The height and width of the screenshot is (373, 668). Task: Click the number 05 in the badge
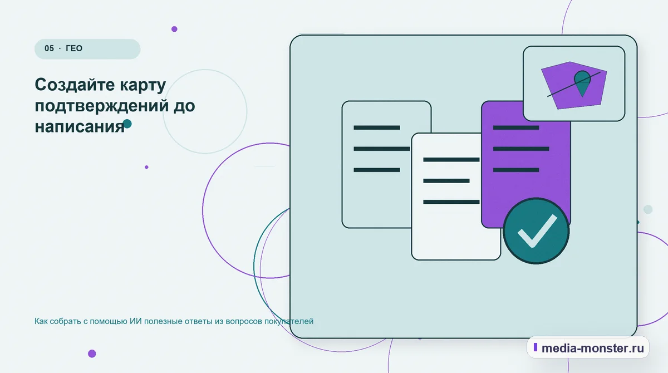(x=49, y=48)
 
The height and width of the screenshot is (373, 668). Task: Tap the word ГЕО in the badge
(x=74, y=48)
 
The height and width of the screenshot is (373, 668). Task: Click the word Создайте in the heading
(x=75, y=85)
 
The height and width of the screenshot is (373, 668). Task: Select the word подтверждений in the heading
(x=102, y=106)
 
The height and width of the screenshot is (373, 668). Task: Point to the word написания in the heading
(x=80, y=127)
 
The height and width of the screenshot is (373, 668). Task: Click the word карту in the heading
(x=143, y=86)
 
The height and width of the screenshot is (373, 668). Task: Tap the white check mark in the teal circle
(x=537, y=231)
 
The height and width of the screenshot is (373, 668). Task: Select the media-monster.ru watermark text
(x=592, y=348)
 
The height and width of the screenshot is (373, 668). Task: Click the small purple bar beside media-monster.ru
(x=536, y=347)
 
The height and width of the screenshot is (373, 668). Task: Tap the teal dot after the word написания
(x=127, y=124)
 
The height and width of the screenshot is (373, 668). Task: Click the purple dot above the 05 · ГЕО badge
(x=174, y=29)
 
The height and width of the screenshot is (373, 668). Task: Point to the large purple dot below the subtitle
(x=92, y=354)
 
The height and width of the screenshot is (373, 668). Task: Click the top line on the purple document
(x=516, y=127)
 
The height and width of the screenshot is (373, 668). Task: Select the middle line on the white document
(x=446, y=181)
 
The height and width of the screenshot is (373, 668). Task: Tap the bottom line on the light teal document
(x=377, y=170)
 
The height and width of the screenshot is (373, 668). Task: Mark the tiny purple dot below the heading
(x=146, y=167)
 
